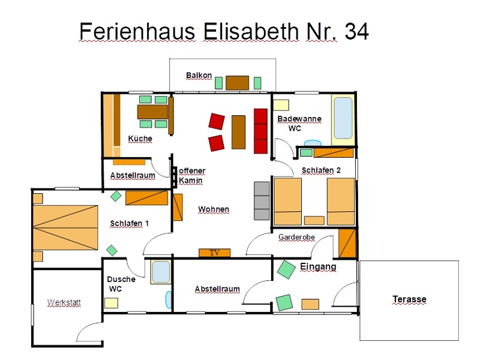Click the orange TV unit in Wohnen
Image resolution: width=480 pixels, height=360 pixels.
[215, 253]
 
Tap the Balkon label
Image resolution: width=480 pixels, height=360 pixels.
[199, 76]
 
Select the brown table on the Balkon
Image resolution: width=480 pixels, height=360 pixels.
[237, 83]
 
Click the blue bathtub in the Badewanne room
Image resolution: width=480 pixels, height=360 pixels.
[343, 118]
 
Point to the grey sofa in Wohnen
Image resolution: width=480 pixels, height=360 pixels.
[262, 201]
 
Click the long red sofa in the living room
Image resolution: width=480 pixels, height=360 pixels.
[261, 131]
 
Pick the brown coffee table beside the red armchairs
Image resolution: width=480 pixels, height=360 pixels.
[238, 132]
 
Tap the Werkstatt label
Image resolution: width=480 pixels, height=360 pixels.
[64, 302]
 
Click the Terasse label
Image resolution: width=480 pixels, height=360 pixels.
[409, 299]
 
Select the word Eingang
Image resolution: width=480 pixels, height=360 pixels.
[318, 266]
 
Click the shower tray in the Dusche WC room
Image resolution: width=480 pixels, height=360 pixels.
[161, 272]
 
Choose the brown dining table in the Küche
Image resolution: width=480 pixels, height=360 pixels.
[152, 112]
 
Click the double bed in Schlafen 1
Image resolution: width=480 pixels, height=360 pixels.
[65, 228]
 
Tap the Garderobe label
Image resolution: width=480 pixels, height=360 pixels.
[296, 237]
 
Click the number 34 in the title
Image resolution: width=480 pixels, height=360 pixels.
[356, 31]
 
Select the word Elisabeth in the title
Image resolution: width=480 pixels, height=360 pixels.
[251, 31]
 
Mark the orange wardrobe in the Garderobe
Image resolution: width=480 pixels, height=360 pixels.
[347, 243]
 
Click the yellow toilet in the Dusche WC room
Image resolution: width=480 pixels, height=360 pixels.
[111, 303]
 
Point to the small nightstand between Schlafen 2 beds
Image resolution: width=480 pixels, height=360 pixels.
[314, 220]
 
